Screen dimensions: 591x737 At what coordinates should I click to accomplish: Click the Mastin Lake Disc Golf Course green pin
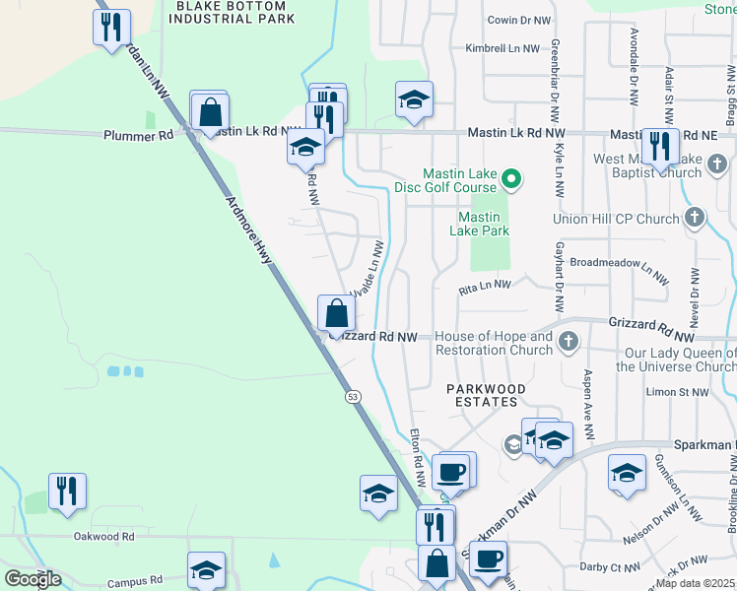[510, 178]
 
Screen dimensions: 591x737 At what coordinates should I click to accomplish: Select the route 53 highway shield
[352, 396]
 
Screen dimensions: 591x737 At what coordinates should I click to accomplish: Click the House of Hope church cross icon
[568, 342]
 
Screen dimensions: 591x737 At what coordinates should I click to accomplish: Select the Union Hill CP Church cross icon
[695, 216]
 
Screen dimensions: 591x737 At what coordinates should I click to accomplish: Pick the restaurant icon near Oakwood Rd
[67, 491]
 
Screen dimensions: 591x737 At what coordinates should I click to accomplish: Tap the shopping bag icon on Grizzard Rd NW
[337, 314]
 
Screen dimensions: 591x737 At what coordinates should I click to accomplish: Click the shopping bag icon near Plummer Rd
[210, 112]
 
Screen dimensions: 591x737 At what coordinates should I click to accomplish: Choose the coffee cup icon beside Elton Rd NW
[451, 472]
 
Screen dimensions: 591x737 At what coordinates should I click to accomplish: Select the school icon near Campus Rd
[206, 569]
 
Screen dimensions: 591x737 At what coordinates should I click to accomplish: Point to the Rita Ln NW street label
[486, 287]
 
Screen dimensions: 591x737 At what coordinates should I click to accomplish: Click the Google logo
[33, 579]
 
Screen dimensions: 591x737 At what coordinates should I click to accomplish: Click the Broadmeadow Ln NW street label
[613, 265]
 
